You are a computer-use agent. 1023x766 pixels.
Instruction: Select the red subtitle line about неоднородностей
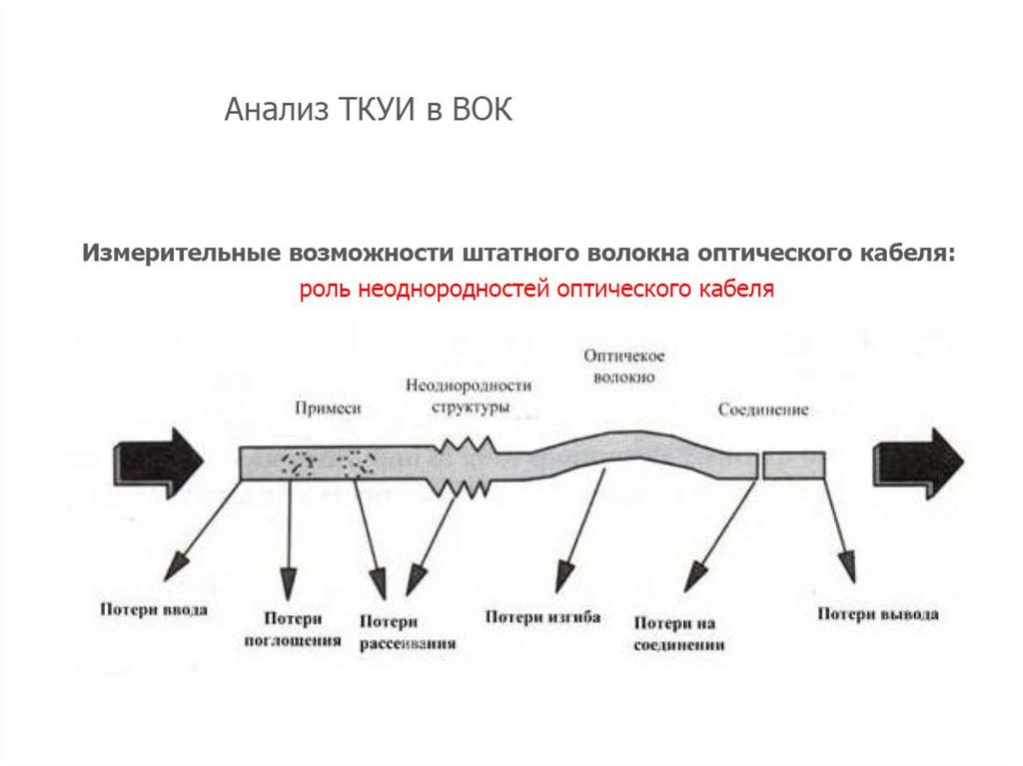tap(536, 290)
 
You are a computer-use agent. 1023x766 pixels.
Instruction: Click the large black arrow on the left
tap(160, 460)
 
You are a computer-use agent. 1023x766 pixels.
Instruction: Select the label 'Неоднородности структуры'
tap(470, 395)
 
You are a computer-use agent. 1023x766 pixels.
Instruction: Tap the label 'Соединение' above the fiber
tap(763, 410)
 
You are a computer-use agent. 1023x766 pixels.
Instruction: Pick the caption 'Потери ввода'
tap(153, 609)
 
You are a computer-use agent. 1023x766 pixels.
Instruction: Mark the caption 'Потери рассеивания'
tap(408, 633)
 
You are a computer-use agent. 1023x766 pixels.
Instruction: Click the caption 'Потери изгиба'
tap(542, 617)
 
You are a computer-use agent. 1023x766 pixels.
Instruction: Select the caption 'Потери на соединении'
tap(678, 634)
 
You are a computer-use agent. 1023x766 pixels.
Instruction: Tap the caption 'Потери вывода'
tap(878, 614)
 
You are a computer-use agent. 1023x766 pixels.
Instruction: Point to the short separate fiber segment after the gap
tap(794, 465)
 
